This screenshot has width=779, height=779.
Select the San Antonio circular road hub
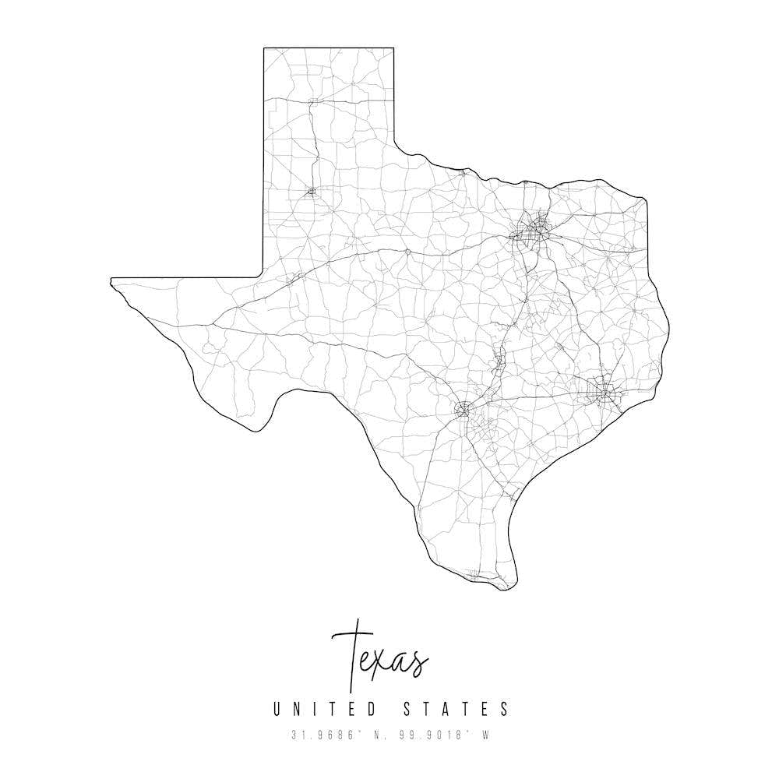coord(465,407)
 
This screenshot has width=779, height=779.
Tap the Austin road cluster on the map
coord(499,361)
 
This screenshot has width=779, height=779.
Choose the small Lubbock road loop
coord(312,190)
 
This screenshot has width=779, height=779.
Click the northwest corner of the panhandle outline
coord(263,48)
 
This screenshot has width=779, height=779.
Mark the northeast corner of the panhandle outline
coord(393,48)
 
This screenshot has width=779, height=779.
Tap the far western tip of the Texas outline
coord(111,279)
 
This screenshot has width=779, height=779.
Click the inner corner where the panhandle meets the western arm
coord(263,277)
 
